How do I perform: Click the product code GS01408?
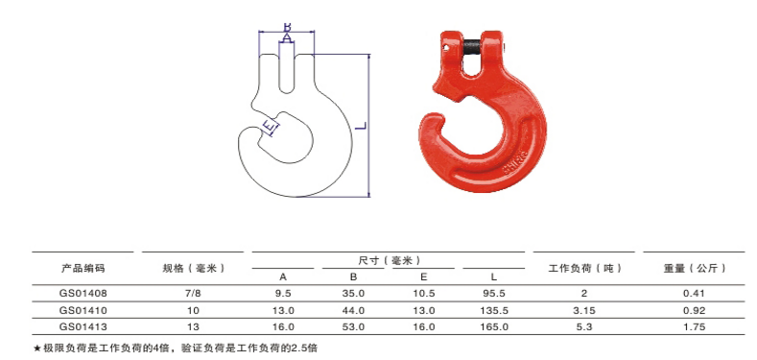pyautogui.click(x=83, y=294)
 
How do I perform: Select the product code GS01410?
pyautogui.click(x=83, y=310)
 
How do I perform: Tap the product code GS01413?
pyautogui.click(x=83, y=327)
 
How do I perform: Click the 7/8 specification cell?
pyautogui.click(x=193, y=294)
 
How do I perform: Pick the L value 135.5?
pyautogui.click(x=494, y=310)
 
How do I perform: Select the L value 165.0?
pyautogui.click(x=494, y=327)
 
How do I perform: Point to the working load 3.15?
pyautogui.click(x=584, y=310)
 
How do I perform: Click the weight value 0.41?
pyautogui.click(x=695, y=294)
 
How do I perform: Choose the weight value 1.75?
pyautogui.click(x=695, y=327)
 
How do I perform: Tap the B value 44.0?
pyautogui.click(x=353, y=310)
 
